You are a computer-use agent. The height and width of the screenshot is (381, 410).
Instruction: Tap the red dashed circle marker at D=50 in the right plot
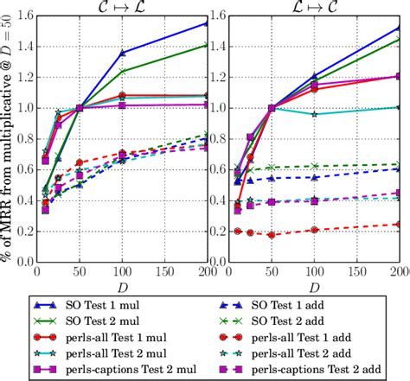pyautogui.click(x=272, y=235)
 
